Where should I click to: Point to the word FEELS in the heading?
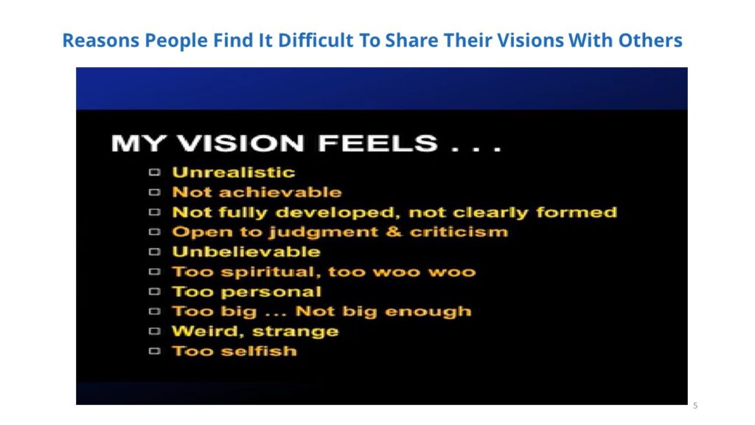(378, 144)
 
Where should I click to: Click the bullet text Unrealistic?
(234, 173)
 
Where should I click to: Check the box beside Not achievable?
(154, 193)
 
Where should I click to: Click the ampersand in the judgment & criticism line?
(394, 232)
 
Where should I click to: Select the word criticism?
(459, 232)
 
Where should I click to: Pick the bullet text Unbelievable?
(246, 252)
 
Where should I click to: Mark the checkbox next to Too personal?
(154, 291)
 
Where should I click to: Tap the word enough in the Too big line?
(428, 312)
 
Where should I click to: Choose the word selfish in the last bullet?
(259, 351)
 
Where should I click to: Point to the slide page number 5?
(695, 406)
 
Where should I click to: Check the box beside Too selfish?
(154, 350)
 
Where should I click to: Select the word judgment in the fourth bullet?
(323, 232)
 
